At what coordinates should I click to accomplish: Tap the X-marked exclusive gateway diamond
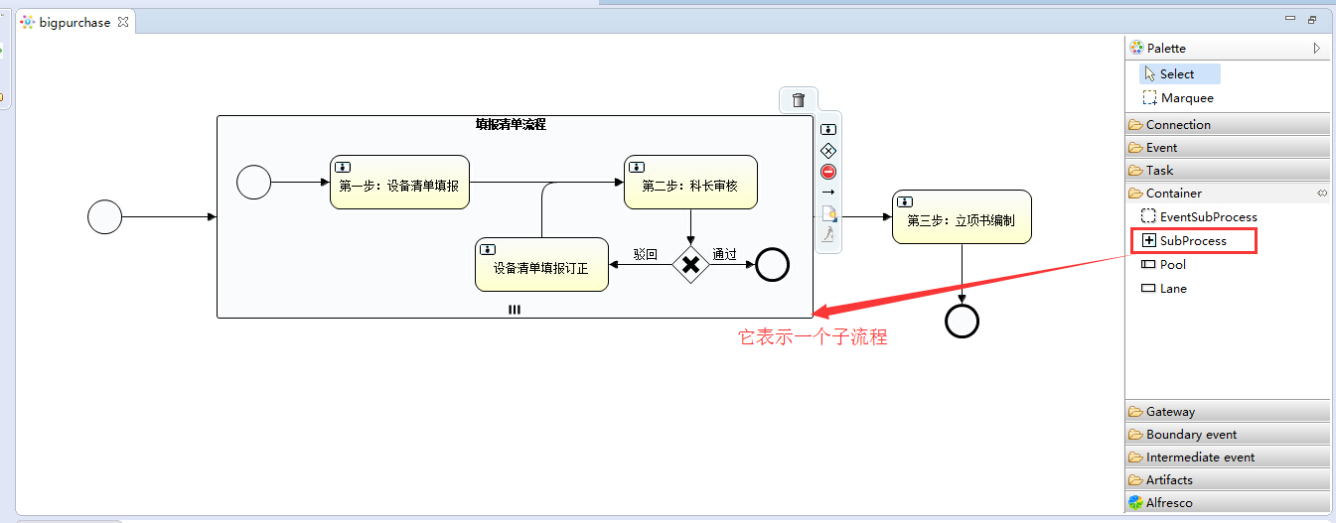pyautogui.click(x=691, y=265)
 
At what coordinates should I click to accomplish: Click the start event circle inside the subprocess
pyautogui.click(x=253, y=182)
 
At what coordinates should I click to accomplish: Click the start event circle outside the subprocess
pyautogui.click(x=104, y=216)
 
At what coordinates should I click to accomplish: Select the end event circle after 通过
pyautogui.click(x=772, y=265)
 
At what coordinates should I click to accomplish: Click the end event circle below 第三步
pyautogui.click(x=962, y=321)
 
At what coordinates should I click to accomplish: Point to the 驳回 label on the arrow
pyautogui.click(x=646, y=254)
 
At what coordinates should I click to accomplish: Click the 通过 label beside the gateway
pyautogui.click(x=724, y=254)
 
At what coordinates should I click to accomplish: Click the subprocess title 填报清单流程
pyautogui.click(x=511, y=125)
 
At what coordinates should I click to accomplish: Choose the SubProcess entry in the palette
pyautogui.click(x=1192, y=240)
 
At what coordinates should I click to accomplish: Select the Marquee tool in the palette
pyautogui.click(x=1186, y=98)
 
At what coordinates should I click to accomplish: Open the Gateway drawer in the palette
pyautogui.click(x=1170, y=411)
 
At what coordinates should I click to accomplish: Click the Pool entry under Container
pyautogui.click(x=1172, y=264)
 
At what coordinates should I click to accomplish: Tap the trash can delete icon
pyautogui.click(x=798, y=99)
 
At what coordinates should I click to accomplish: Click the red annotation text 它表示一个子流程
pyautogui.click(x=812, y=337)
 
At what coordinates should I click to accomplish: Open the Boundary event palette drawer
pyautogui.click(x=1191, y=434)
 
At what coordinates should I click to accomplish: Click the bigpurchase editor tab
pyautogui.click(x=74, y=22)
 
